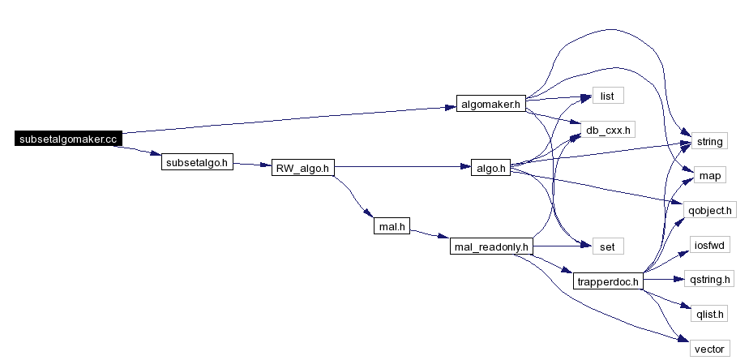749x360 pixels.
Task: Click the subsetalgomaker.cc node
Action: point(68,139)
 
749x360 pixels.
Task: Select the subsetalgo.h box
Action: point(197,162)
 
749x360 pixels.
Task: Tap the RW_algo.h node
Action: point(303,168)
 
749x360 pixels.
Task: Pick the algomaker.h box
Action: point(491,104)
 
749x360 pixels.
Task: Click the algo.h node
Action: point(490,168)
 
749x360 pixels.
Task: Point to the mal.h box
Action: point(392,226)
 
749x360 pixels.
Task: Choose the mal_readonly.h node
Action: point(491,246)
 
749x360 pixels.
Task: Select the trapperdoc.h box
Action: point(608,281)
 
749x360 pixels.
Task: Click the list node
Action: point(608,96)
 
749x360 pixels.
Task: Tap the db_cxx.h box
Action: point(608,129)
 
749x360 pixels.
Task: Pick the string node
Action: point(709,141)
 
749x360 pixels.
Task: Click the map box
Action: point(709,175)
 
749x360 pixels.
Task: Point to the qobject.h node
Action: point(710,210)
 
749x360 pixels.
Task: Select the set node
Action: point(608,246)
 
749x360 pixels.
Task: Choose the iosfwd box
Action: point(710,245)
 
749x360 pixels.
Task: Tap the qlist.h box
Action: point(709,313)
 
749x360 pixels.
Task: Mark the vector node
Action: point(709,348)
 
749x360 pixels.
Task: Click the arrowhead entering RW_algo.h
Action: point(266,165)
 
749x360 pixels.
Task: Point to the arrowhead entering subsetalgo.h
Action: point(156,153)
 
